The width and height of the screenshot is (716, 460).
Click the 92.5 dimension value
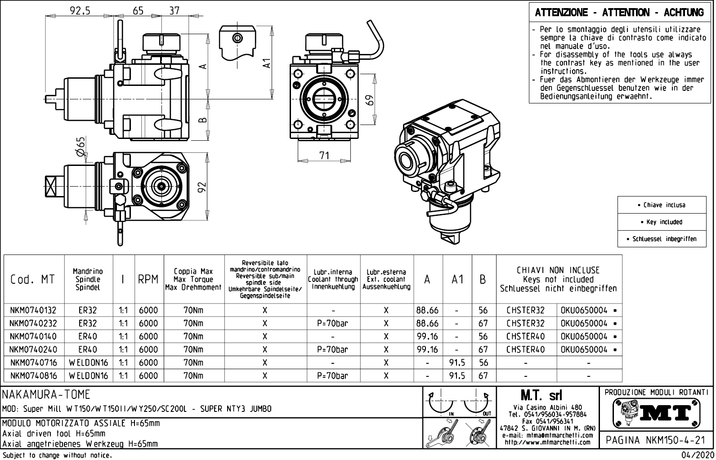(80, 10)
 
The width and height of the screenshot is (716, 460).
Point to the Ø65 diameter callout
(81, 147)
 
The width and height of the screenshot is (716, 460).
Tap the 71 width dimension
(324, 156)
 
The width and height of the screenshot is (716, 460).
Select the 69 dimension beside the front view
(370, 99)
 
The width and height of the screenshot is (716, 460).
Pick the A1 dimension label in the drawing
(267, 63)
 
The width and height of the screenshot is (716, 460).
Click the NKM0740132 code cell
(33, 310)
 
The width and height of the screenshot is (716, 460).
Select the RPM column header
(148, 279)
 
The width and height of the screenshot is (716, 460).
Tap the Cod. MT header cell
(32, 279)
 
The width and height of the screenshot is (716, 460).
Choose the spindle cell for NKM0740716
(88, 362)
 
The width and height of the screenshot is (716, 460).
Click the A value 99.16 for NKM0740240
(427, 349)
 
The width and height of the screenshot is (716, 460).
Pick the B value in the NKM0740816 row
(483, 375)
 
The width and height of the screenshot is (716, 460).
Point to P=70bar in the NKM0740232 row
(332, 323)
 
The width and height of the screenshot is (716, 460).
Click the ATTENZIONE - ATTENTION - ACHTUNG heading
(619, 13)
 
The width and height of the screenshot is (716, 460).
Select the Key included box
(661, 222)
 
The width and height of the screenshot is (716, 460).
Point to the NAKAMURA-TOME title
(47, 395)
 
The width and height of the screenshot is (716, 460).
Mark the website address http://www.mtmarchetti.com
(547, 442)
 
